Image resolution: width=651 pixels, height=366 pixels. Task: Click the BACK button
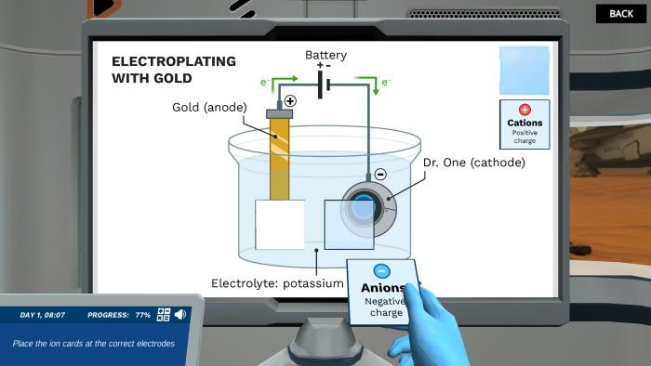tap(620, 13)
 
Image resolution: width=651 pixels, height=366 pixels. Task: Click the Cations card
tap(525, 124)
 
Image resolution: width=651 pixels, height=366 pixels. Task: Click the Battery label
tap(325, 56)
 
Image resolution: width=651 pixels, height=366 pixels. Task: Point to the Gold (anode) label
tap(209, 107)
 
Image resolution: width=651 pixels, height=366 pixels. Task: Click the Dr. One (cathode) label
tap(473, 163)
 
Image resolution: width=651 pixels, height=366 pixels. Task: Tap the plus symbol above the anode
tap(290, 100)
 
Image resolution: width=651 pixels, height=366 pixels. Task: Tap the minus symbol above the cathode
tap(379, 174)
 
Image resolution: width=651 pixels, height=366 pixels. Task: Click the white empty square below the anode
tap(280, 225)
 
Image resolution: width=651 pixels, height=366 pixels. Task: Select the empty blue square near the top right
tap(525, 71)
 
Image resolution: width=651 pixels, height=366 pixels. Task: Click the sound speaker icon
tap(179, 315)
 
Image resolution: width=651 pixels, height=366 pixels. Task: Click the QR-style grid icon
tap(164, 315)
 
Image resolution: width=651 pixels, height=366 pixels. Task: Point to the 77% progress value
tap(142, 316)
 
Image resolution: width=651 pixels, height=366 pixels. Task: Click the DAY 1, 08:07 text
tap(43, 316)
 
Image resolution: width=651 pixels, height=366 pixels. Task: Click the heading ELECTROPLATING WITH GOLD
tap(173, 70)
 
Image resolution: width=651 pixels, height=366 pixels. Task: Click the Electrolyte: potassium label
tap(277, 282)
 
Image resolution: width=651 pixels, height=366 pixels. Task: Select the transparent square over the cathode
tap(349, 224)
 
